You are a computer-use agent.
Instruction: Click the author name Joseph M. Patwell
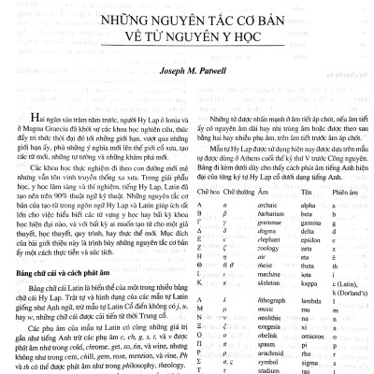pyautogui.click(x=187, y=69)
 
